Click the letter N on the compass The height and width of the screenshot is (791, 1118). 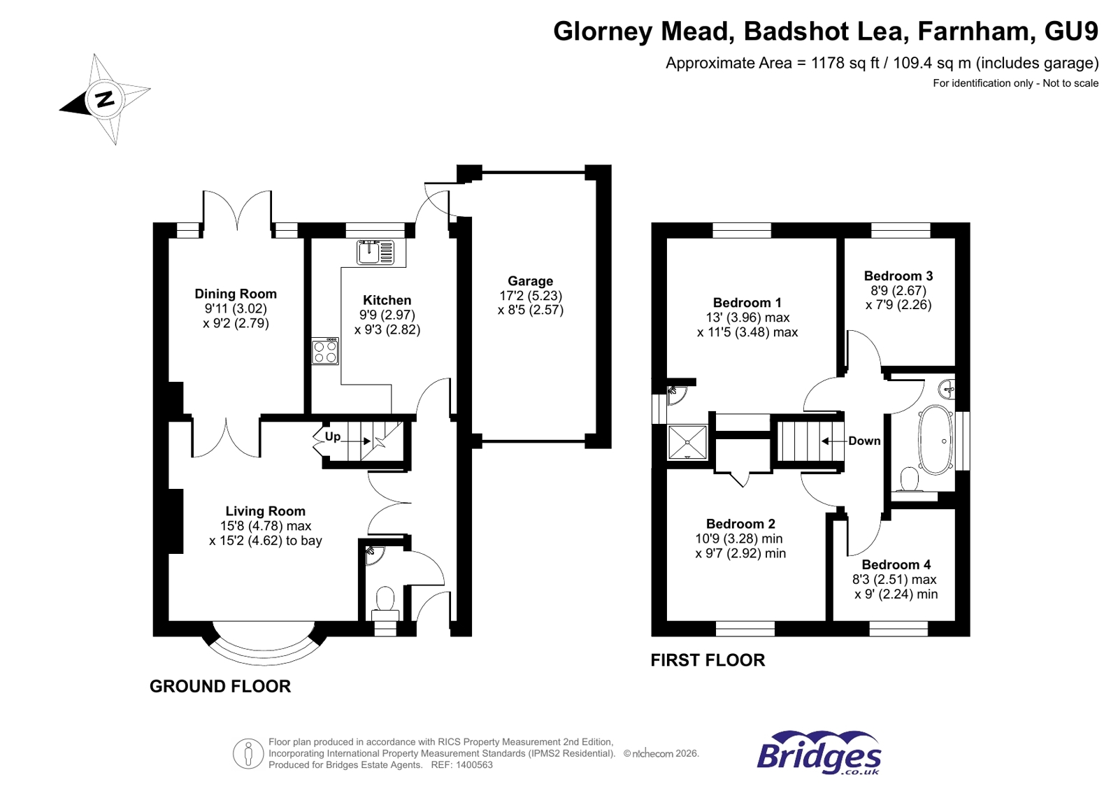point(105,99)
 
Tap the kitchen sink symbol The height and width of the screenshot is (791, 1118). point(376,252)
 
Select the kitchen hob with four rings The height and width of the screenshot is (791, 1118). point(325,351)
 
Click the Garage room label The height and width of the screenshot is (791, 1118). point(530,281)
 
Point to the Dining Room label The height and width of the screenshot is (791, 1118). point(236,294)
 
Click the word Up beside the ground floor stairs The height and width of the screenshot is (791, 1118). point(333,436)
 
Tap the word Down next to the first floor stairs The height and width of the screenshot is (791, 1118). point(864,441)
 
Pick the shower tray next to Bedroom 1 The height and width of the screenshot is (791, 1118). point(687,442)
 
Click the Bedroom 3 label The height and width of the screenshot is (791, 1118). point(898,276)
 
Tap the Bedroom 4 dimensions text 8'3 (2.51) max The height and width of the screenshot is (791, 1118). point(894,579)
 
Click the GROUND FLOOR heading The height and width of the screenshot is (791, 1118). point(220,686)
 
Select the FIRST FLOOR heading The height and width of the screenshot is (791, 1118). point(708,660)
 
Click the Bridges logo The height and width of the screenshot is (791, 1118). point(819,753)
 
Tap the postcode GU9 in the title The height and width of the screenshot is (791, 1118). point(1070,31)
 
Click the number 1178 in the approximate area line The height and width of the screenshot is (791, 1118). point(828,63)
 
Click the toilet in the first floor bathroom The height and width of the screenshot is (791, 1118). point(909,480)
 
